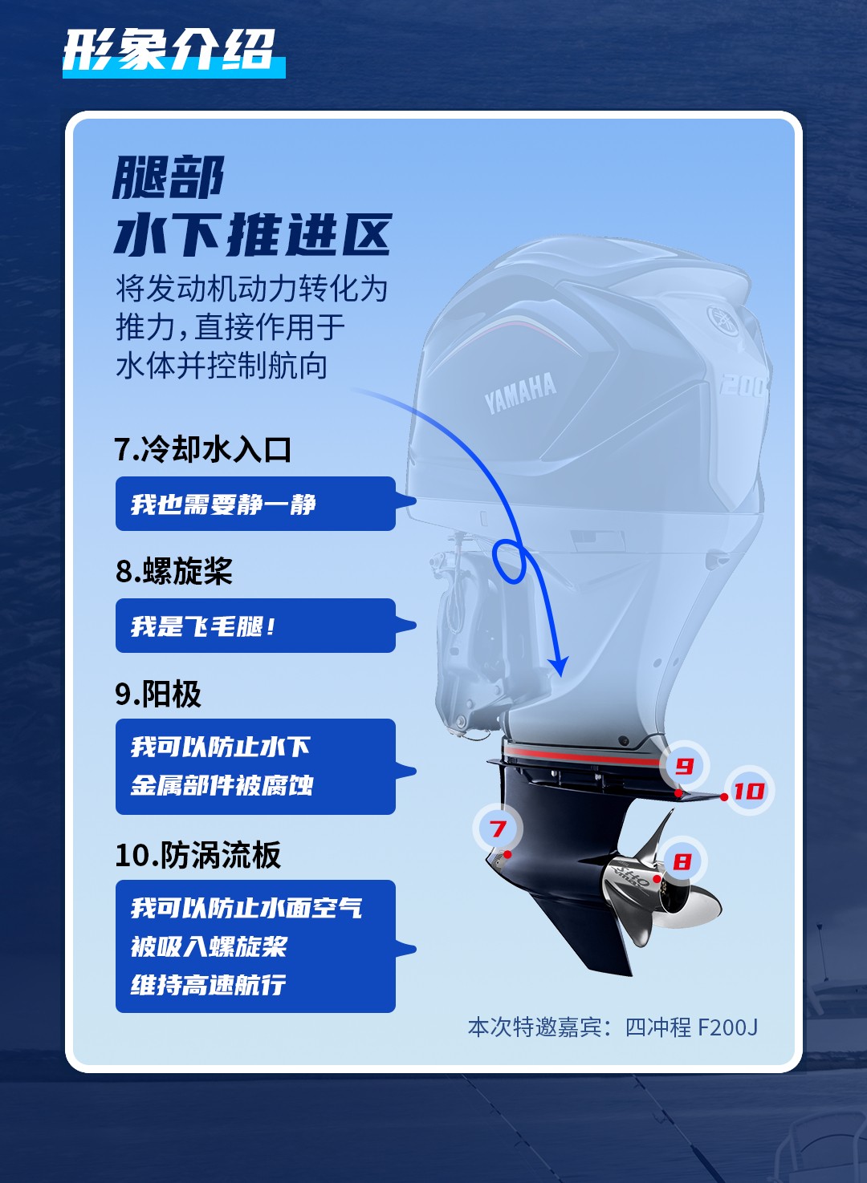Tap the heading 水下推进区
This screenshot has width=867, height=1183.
coord(253,235)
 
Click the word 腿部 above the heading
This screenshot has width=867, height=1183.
coord(168,177)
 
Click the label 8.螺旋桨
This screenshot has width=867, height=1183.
coord(174,571)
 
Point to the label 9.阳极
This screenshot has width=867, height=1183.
coord(158,694)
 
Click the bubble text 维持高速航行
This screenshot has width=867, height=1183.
coord(208,985)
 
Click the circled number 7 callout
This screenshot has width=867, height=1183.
coord(498,829)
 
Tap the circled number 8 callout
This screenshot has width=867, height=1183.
coord(682,861)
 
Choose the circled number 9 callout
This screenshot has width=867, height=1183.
coord(684,765)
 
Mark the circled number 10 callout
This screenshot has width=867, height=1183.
coord(749,791)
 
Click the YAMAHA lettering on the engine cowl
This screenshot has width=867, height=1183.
coord(520,392)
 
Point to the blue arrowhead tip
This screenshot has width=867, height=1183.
coord(560,677)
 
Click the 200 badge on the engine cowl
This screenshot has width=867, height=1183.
coord(743,386)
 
